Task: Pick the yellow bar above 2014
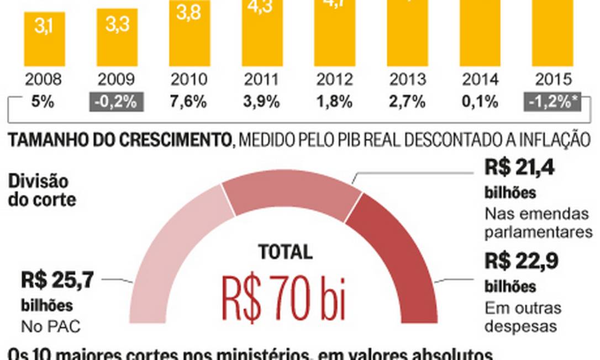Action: [x=480, y=33]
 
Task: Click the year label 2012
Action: [x=335, y=80]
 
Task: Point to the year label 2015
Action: [x=552, y=80]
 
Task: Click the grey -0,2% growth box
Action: [x=117, y=102]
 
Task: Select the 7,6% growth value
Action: [x=189, y=102]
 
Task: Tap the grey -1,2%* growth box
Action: [x=552, y=102]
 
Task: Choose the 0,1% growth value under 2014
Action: [x=480, y=102]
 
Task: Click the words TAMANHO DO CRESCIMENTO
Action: [x=119, y=140]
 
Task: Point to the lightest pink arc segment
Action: [x=166, y=248]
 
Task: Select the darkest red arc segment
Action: [x=398, y=248]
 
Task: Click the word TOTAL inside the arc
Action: [x=285, y=252]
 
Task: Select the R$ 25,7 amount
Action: [x=57, y=280]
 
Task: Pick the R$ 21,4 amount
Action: [x=519, y=167]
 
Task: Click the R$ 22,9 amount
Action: [x=519, y=261]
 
